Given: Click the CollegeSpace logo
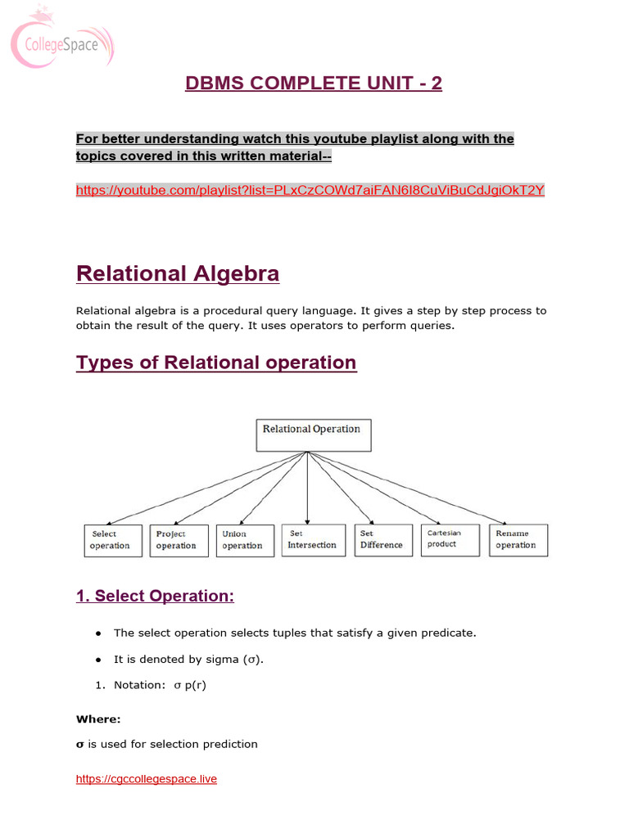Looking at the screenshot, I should click(61, 40).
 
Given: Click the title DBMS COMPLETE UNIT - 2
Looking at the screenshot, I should click(314, 83).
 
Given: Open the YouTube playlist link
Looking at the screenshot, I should click(310, 190).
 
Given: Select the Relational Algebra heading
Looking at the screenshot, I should click(178, 273).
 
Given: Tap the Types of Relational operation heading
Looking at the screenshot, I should click(216, 363).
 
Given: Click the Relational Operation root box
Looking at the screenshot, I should click(313, 435).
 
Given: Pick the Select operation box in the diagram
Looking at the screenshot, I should click(113, 540).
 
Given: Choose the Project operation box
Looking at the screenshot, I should click(179, 540).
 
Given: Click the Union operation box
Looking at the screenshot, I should click(245, 540).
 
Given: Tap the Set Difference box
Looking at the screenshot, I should click(383, 540).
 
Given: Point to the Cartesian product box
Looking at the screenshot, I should click(450, 540).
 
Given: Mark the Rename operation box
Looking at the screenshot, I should click(518, 540).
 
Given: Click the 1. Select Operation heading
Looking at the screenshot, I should click(155, 597).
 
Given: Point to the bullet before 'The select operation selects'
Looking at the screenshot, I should click(98, 633).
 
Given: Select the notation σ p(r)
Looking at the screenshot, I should click(190, 685).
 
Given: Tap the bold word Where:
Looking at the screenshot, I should click(98, 719).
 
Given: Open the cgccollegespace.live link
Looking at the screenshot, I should click(147, 779).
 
